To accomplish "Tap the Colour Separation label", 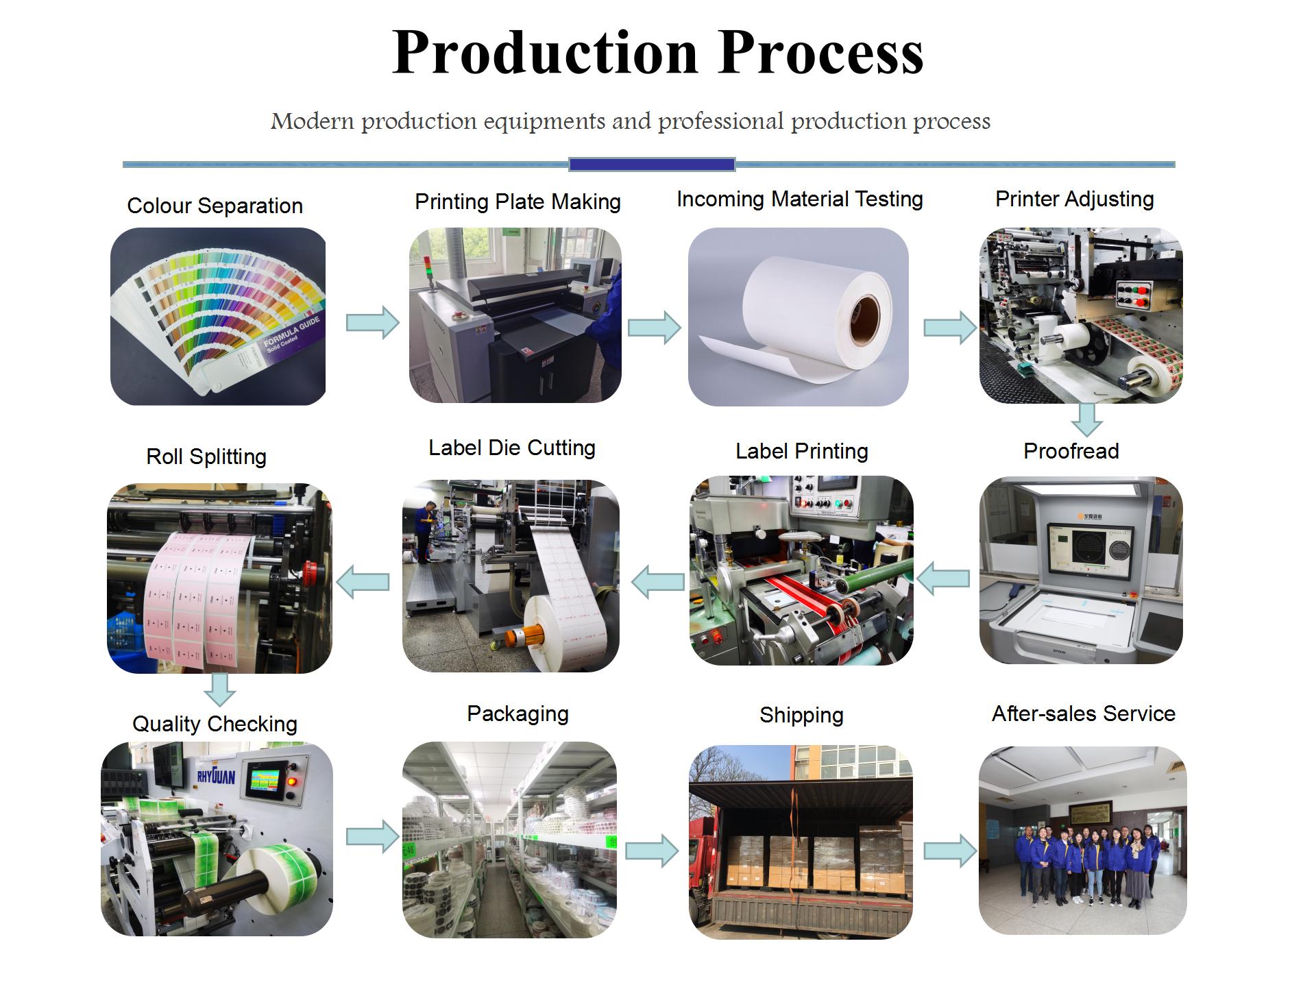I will coord(215,206).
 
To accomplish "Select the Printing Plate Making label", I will coord(517,202).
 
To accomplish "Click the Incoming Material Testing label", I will coord(799,199).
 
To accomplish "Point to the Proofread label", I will coord(1071,451).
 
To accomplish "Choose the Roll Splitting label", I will coord(206,456).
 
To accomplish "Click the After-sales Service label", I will coord(1083,714).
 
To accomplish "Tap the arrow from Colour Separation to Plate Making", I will coord(372,322).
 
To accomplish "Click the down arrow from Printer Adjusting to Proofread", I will coord(1086,419).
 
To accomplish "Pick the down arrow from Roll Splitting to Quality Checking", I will coord(220,689).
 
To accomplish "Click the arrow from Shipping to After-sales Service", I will coord(950,851).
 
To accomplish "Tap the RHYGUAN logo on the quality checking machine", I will coord(215,775).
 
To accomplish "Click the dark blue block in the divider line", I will coord(652,164).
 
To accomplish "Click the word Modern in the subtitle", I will coord(312,121).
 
